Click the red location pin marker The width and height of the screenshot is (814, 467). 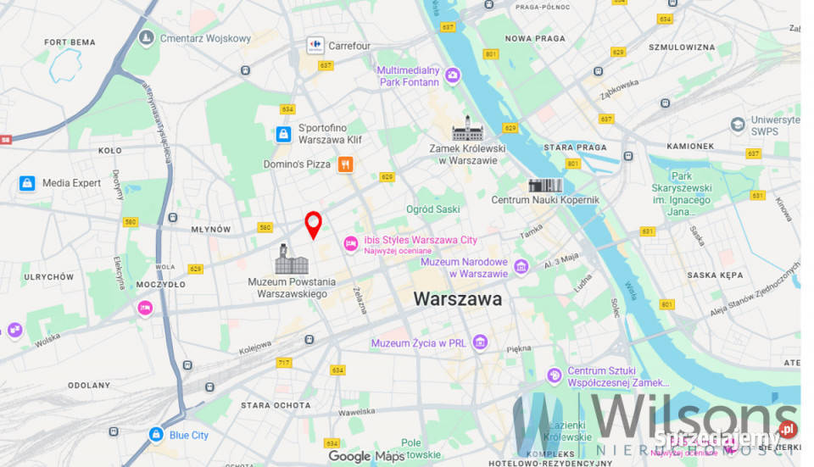313,224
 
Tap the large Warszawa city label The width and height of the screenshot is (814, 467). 457,299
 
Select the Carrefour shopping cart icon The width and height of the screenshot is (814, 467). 315,45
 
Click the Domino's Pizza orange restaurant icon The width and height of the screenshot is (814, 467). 345,164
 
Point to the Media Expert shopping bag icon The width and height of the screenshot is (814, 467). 27,183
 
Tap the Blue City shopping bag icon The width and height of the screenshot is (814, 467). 155,435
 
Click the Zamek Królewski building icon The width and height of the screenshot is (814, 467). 467,129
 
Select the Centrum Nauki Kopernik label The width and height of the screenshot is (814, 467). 545,200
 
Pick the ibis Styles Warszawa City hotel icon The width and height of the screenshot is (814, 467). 350,244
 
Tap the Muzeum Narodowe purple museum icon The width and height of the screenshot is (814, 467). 521,267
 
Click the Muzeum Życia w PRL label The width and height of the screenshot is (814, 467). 418,343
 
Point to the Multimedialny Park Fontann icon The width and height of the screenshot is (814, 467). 453,76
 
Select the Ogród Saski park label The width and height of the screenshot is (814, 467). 432,209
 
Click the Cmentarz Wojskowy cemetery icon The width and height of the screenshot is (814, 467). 147,38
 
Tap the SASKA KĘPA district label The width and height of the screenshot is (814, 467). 714,275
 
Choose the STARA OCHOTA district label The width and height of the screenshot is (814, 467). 275,405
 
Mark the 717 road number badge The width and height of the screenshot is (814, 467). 283,363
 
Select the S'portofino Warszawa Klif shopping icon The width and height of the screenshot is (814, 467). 283,134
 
